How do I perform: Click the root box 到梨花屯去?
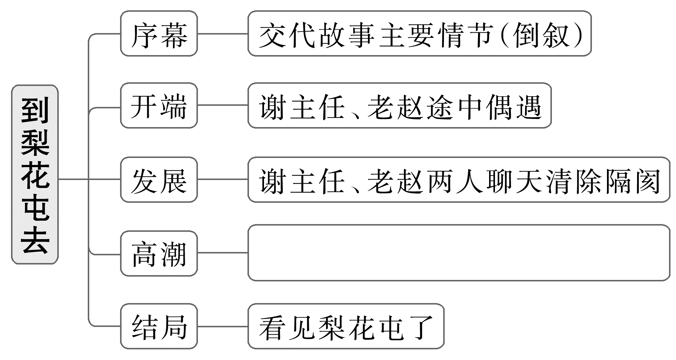tap(35, 174)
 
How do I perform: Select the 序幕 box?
tap(159, 34)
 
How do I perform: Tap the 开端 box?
tap(159, 106)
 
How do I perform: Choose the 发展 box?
tap(159, 180)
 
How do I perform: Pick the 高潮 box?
tap(159, 253)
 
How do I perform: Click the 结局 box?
tap(159, 326)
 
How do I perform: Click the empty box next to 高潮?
tap(459, 253)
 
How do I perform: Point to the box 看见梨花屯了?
tap(346, 326)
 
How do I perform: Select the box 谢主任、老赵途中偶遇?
tap(400, 106)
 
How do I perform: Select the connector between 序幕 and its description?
tap(223, 34)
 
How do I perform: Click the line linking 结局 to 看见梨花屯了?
tap(223, 326)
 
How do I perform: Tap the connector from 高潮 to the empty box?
tap(223, 253)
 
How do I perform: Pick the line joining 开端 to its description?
tap(223, 106)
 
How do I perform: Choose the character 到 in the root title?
tap(35, 110)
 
